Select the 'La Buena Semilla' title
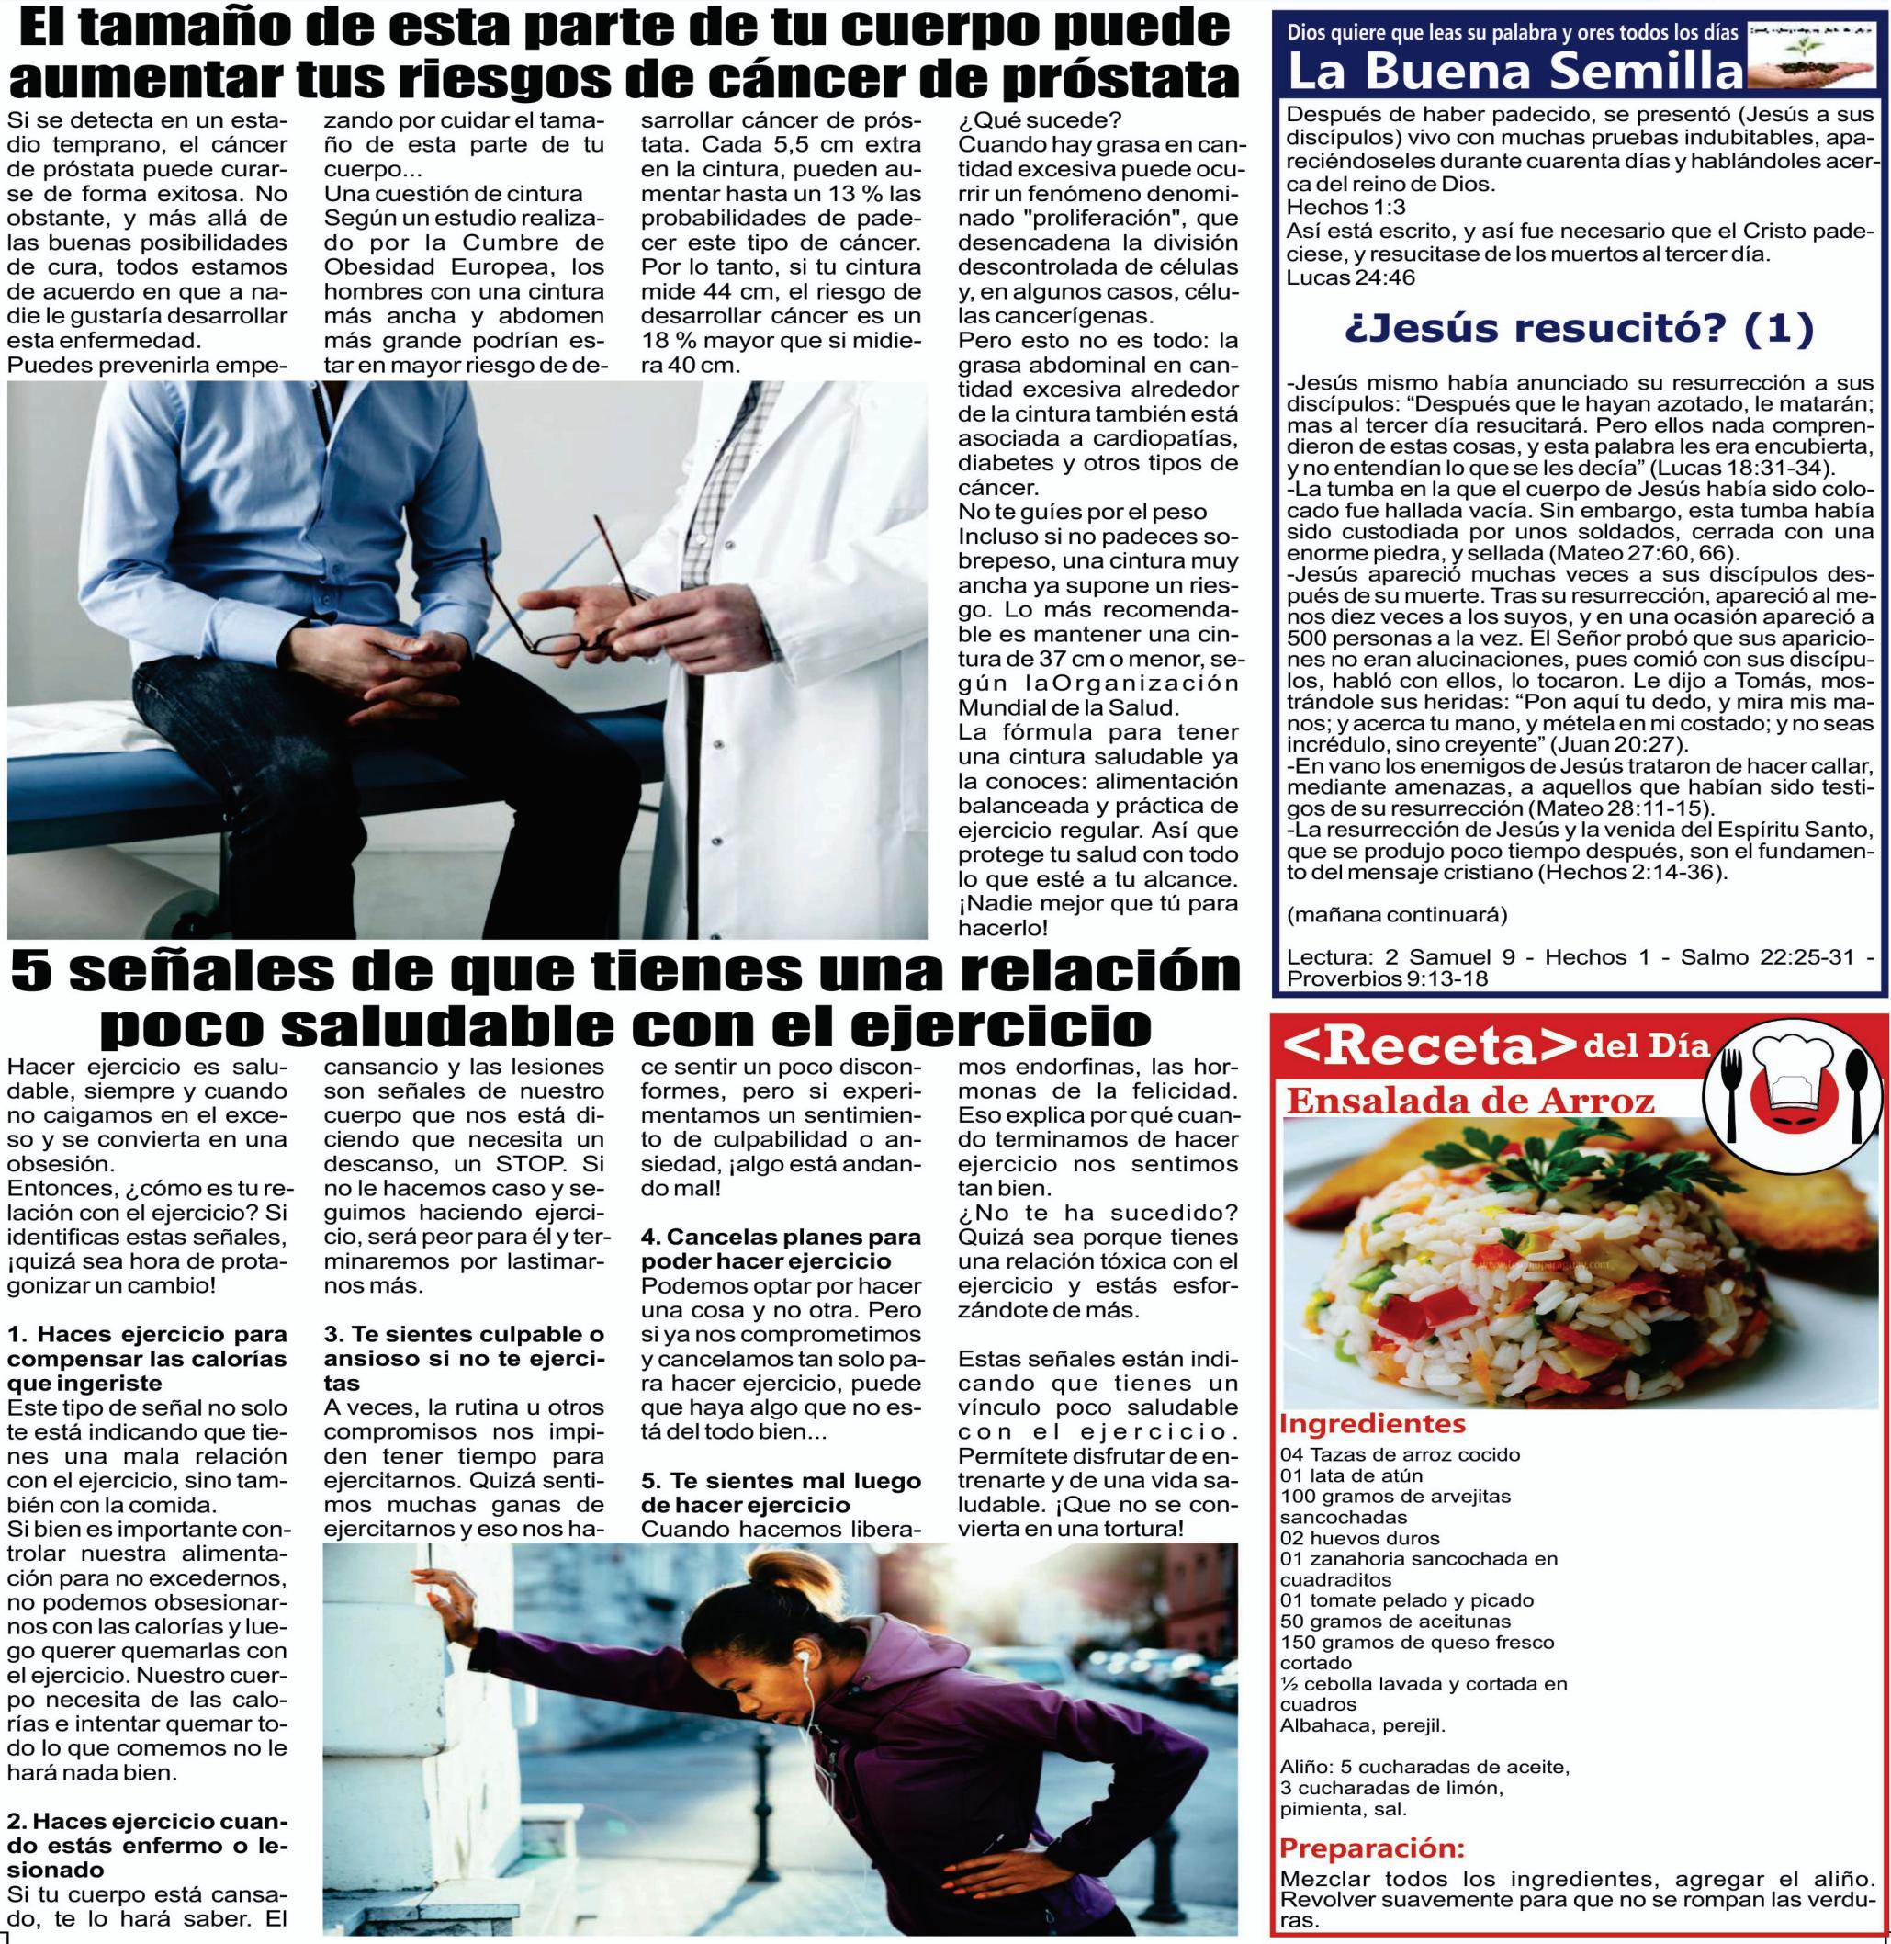(1514, 72)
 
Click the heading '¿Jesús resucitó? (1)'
(1579, 328)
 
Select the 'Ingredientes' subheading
(1373, 1423)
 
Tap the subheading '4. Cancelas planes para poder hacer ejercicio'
(781, 1249)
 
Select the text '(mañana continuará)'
(1396, 914)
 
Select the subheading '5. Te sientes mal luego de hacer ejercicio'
(781, 1492)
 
